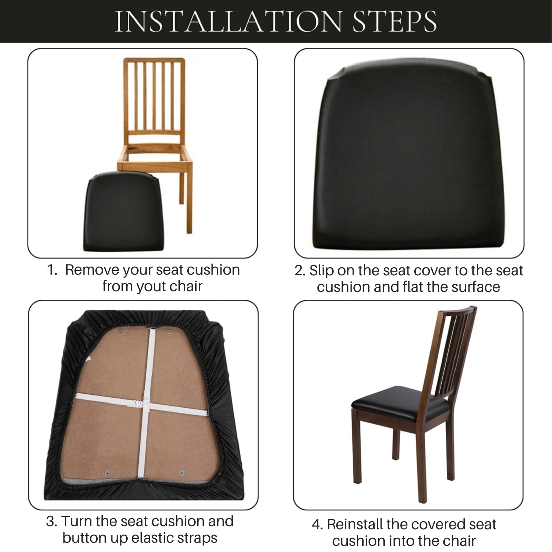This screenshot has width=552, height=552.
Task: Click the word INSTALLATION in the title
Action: pos(228,21)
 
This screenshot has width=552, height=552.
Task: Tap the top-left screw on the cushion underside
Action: pos(121,332)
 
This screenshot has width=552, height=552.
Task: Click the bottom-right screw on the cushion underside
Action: pos(182,473)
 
